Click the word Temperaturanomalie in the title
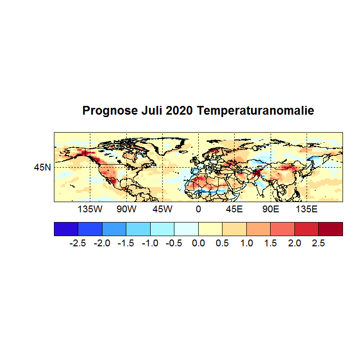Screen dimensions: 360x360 pyautogui.click(x=256, y=111)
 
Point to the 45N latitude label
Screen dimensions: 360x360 pyautogui.click(x=42, y=168)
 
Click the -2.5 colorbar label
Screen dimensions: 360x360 pyautogui.click(x=78, y=243)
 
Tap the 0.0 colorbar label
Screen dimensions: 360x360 pyautogui.click(x=198, y=243)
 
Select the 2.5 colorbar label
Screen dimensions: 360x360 pyautogui.click(x=318, y=243)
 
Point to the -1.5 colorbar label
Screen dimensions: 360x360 pyautogui.click(x=126, y=243)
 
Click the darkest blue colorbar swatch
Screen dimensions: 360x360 pyautogui.click(x=66, y=229)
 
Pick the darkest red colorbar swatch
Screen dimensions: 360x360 pyautogui.click(x=330, y=229)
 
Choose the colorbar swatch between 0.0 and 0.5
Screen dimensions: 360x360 pyautogui.click(x=210, y=229)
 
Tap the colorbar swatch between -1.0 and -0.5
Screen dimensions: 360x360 pyautogui.click(x=162, y=229)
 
